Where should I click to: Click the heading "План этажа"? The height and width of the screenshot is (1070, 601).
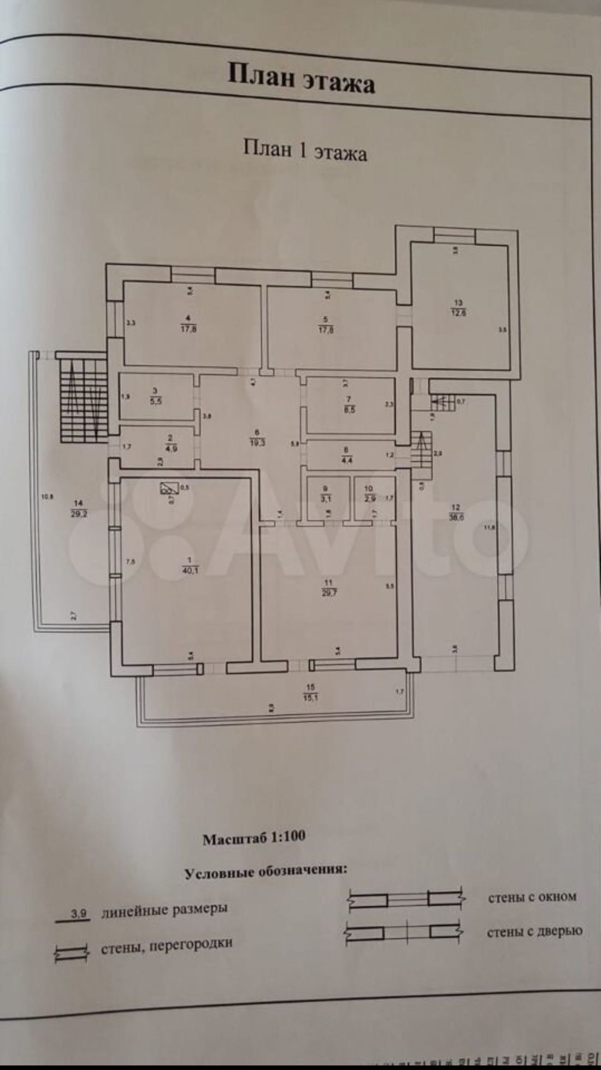click(x=301, y=79)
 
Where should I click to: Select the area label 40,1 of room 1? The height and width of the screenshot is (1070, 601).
click(x=189, y=570)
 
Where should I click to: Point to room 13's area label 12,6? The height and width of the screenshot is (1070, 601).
click(x=458, y=312)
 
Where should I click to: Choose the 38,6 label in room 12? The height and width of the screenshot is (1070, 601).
click(x=456, y=518)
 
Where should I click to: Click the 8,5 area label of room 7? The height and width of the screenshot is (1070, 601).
click(x=349, y=409)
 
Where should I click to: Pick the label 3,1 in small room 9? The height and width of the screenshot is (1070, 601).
click(x=327, y=498)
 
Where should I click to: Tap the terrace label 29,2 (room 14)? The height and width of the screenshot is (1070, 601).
click(x=79, y=513)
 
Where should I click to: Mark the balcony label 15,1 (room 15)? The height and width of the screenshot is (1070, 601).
click(x=311, y=696)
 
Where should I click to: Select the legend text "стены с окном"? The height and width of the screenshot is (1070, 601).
click(x=532, y=897)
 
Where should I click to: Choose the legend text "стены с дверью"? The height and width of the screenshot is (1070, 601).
click(x=534, y=931)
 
